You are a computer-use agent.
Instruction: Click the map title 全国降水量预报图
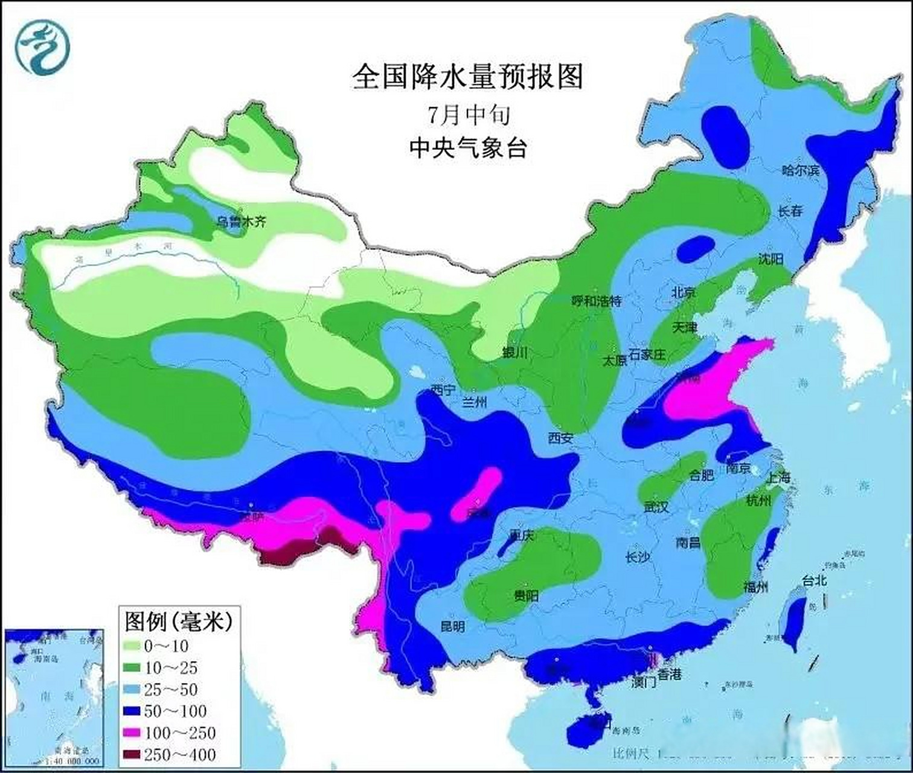(468, 77)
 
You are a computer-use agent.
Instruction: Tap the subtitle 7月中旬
(469, 115)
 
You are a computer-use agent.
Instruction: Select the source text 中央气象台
(469, 147)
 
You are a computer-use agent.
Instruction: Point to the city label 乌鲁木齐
(241, 222)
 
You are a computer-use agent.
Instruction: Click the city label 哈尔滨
(801, 170)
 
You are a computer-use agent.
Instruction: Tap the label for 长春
(790, 211)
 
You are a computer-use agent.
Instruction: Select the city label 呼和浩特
(597, 301)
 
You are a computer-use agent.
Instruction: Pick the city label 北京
(684, 292)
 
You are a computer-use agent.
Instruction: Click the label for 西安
(560, 438)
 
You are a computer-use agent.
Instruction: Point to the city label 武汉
(656, 507)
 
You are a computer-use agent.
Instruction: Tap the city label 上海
(778, 477)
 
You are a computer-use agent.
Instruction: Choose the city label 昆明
(452, 627)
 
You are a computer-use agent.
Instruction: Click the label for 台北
(815, 581)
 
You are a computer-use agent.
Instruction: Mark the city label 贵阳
(526, 596)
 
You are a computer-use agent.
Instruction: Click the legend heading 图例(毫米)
(179, 621)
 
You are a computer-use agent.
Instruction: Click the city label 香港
(669, 675)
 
